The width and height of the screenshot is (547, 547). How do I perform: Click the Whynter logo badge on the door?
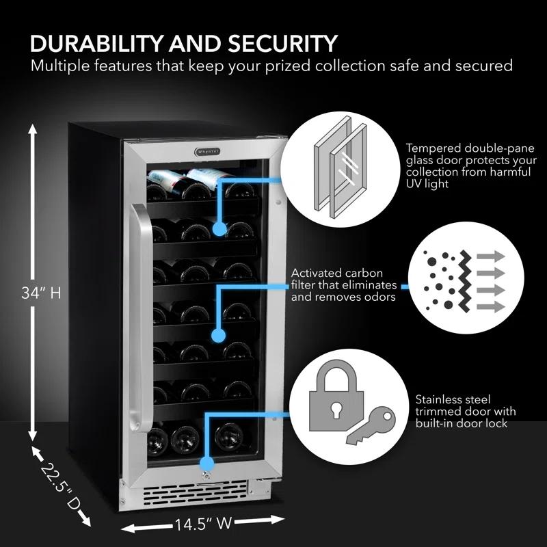(x=204, y=152)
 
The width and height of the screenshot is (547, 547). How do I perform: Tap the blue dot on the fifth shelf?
(x=218, y=335)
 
